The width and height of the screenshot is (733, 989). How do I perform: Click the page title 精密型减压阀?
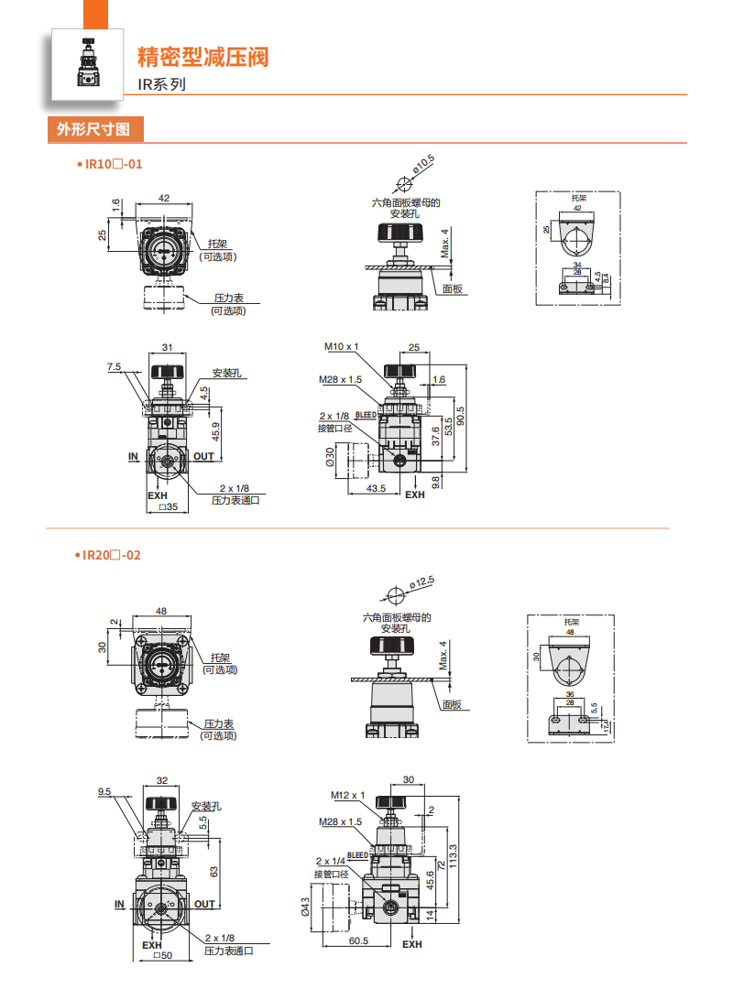point(202,58)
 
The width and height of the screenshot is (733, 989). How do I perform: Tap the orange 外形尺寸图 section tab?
point(95,130)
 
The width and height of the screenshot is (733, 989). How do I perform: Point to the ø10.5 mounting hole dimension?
point(423,164)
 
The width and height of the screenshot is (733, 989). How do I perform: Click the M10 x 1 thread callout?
point(342,347)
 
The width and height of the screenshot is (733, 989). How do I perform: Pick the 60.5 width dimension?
point(358,940)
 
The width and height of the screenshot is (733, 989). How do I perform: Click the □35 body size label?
point(167,506)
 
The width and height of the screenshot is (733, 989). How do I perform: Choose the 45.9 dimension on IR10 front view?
point(216,429)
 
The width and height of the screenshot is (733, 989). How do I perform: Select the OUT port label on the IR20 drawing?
point(204,905)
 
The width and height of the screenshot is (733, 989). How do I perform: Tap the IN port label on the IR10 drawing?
point(133,456)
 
